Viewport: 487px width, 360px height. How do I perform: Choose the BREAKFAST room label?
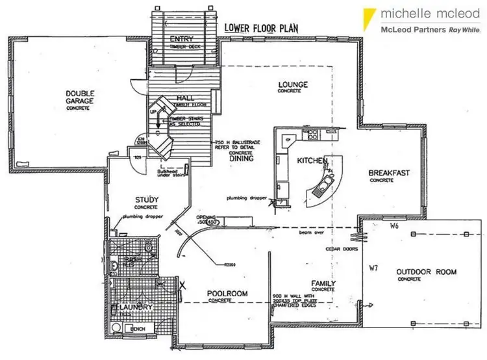click(389, 173)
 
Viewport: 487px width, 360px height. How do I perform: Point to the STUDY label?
click(147, 199)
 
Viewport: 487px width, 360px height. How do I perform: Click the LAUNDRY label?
click(137, 307)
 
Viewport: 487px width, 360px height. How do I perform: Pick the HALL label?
click(184, 98)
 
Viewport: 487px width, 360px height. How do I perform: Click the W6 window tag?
click(393, 227)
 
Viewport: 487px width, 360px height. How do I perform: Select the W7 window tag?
click(373, 267)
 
